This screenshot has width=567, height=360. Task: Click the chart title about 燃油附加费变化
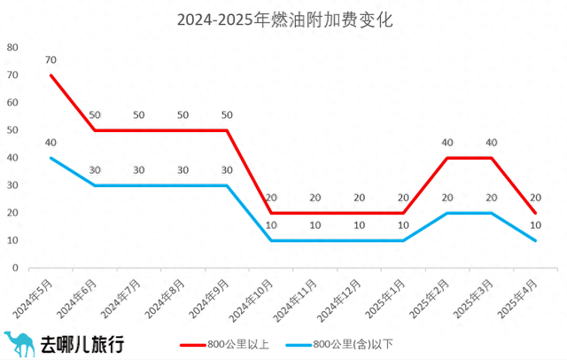pyautogui.click(x=283, y=18)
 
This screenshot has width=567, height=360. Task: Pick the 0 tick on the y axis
pyautogui.click(x=14, y=267)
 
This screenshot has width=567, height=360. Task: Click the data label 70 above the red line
pyautogui.click(x=51, y=60)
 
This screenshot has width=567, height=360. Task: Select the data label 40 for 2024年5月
pyautogui.click(x=51, y=143)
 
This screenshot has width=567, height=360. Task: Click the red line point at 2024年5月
pyautogui.click(x=51, y=75)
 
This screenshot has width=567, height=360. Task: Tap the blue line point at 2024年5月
pyautogui.click(x=51, y=158)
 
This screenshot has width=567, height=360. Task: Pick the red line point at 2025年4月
pyautogui.click(x=535, y=213)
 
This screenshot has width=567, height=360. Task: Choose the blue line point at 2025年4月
pyautogui.click(x=535, y=240)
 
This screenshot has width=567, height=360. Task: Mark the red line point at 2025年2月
pyautogui.click(x=447, y=158)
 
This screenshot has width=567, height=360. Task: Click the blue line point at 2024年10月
pyautogui.click(x=271, y=240)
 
